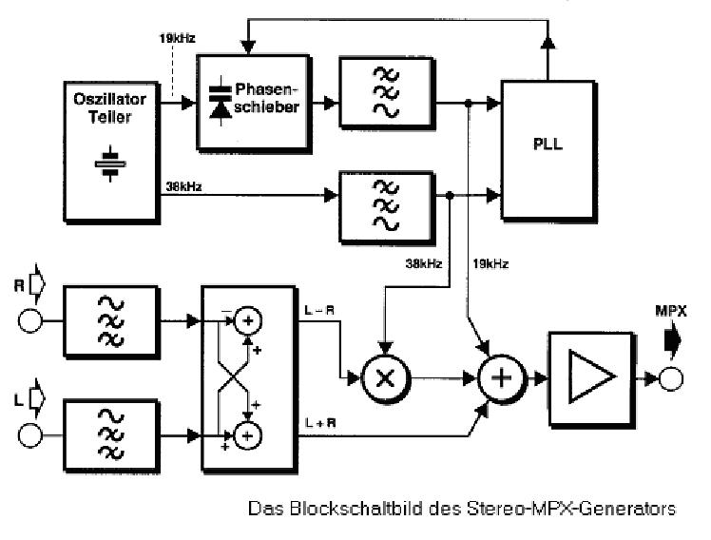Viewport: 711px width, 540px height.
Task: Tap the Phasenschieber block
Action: click(252, 101)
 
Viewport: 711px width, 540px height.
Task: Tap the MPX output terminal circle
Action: click(672, 379)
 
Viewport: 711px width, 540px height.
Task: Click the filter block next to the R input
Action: click(105, 319)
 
